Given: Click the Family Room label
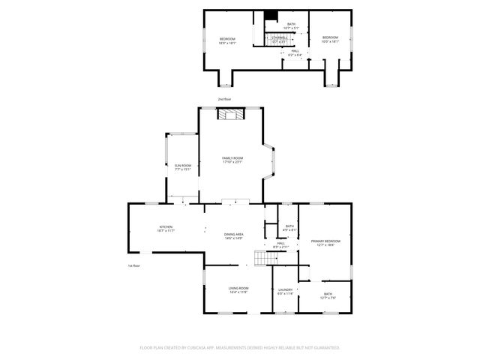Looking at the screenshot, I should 232,160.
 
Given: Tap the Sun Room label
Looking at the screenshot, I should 183,167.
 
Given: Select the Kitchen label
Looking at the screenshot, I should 166,229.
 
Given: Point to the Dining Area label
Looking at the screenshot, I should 233,236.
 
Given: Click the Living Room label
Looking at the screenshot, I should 238,290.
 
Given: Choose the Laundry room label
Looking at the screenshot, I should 285,291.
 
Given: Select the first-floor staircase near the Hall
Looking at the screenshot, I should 260,258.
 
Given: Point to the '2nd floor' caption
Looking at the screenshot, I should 224,99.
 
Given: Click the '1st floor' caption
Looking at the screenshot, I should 133,265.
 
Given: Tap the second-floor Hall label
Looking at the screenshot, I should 295,52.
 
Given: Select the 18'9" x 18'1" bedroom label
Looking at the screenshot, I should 227,40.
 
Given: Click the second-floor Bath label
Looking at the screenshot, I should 290,26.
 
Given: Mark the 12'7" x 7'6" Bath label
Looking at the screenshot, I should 328,295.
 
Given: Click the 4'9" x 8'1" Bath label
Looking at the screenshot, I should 289,228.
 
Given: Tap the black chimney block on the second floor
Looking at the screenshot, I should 271,15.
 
